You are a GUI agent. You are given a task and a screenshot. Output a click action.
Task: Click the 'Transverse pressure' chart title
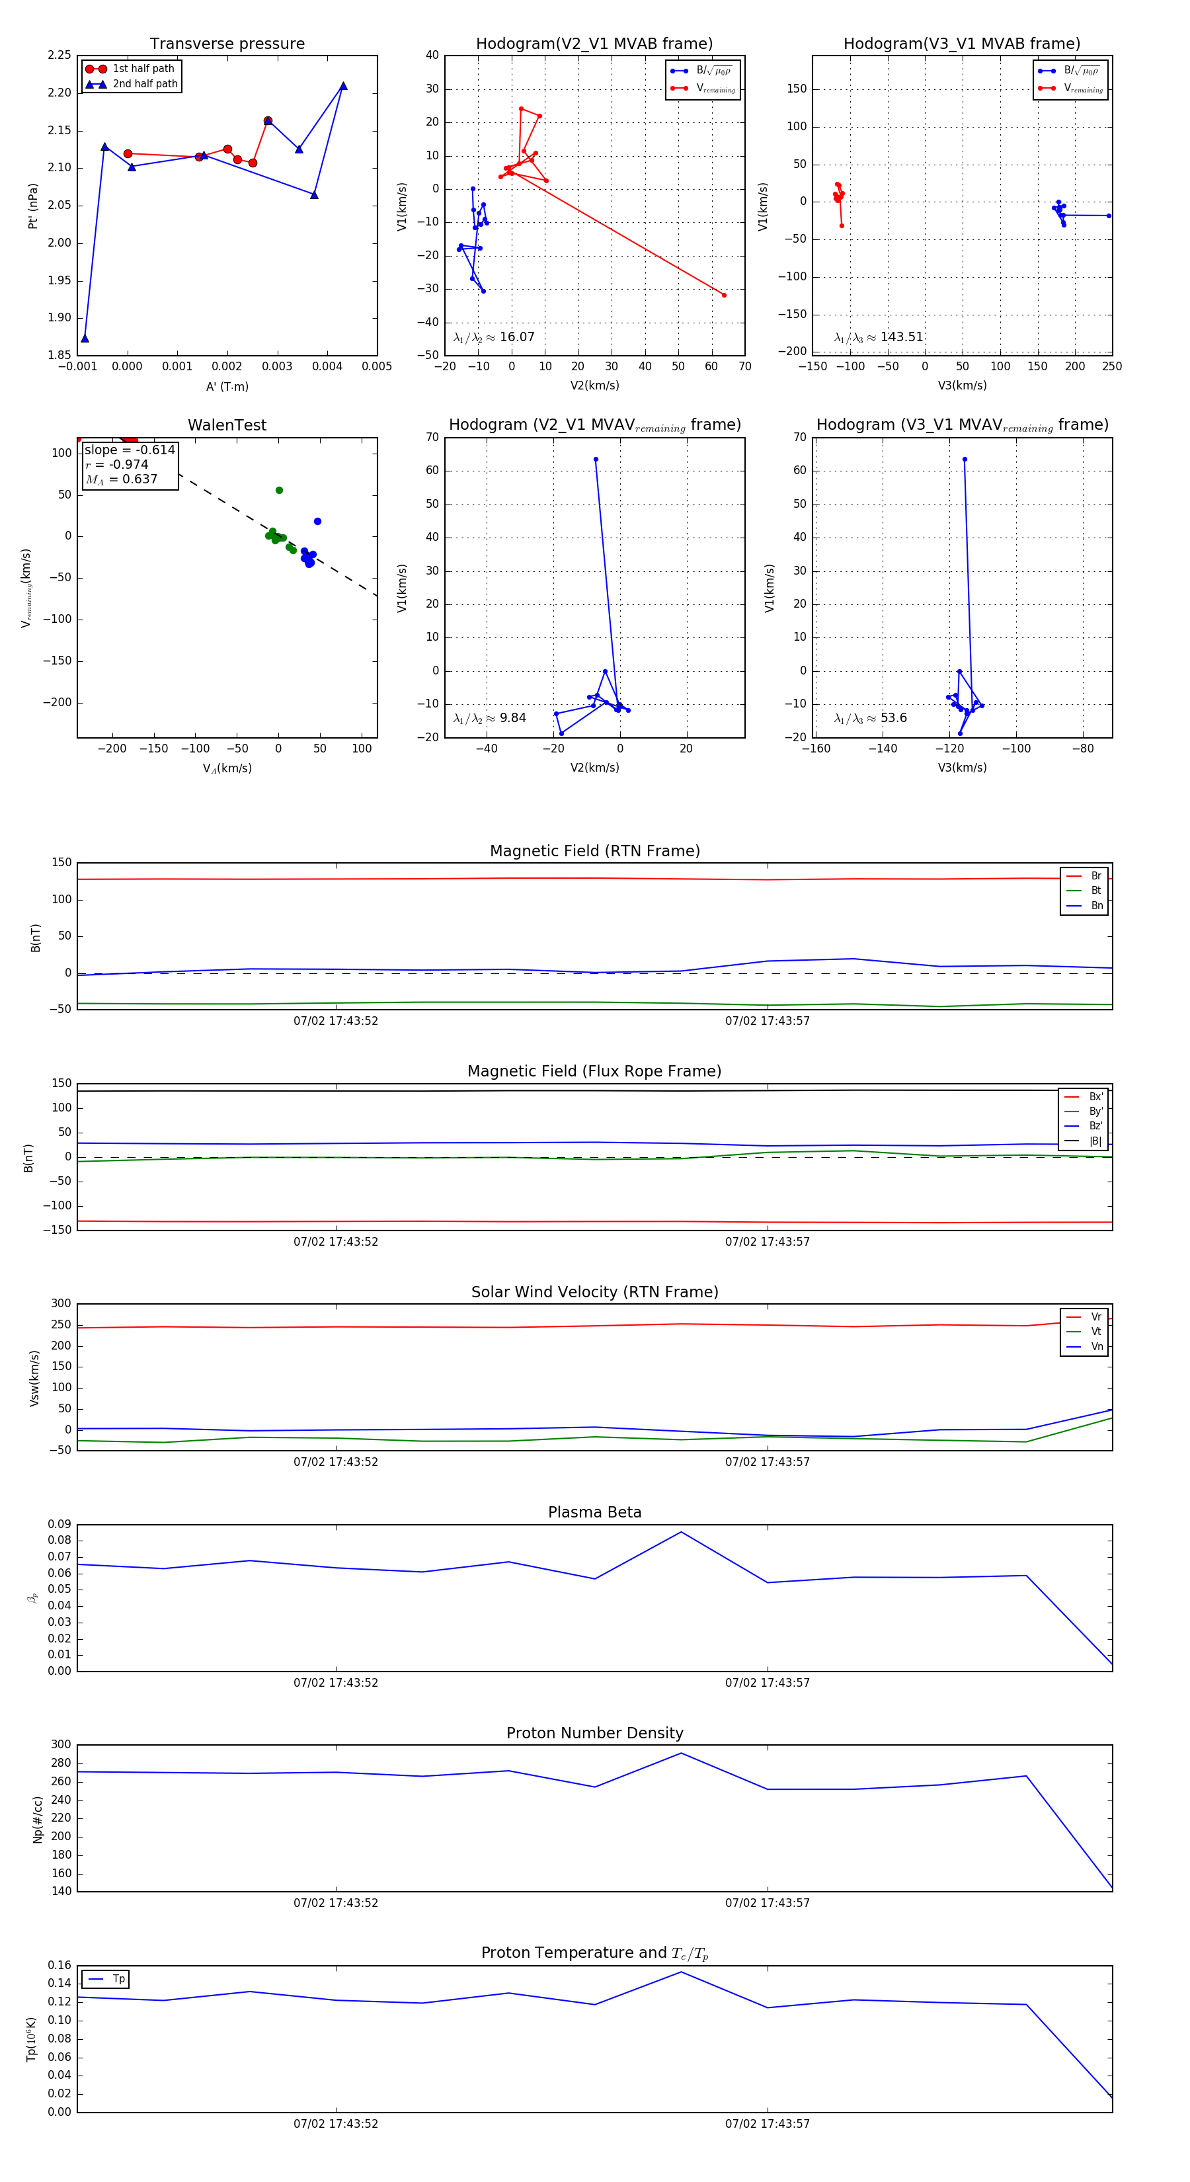pos(227,44)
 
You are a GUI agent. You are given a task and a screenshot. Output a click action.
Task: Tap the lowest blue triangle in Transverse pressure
pos(85,339)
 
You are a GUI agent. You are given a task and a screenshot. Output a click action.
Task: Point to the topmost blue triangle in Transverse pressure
pos(343,85)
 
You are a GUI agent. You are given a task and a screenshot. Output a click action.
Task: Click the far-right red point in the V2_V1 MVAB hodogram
pos(723,295)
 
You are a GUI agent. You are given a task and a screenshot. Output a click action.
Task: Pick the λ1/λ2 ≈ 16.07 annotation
pos(494,337)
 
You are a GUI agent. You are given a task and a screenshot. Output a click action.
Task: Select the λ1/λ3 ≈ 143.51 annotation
pos(879,337)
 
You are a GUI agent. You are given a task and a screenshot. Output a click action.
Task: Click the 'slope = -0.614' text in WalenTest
pos(130,450)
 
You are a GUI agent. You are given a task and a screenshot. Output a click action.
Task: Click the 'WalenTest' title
pos(227,425)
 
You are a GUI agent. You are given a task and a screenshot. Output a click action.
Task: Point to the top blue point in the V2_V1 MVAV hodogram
pos(596,460)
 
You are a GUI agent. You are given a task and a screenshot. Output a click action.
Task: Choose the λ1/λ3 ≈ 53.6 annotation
pos(870,718)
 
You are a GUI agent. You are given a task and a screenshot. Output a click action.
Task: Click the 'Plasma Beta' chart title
pos(594,1513)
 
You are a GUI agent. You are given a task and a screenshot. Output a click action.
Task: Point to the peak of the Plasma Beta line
pos(681,1532)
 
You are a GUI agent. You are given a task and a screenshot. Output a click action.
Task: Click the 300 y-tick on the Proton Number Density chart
pos(61,1744)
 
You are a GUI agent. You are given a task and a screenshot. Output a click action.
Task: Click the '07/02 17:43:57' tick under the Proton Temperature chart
pos(768,2124)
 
